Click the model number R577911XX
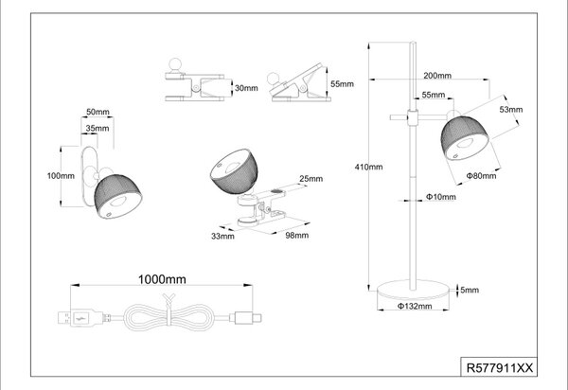click(x=500, y=368)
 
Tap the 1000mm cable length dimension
click(x=162, y=279)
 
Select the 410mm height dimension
click(x=368, y=167)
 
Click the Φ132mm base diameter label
click(x=415, y=306)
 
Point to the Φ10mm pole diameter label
click(x=440, y=197)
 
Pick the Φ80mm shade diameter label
click(x=481, y=176)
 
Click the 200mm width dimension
click(x=437, y=76)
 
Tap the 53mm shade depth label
click(x=511, y=110)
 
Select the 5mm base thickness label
click(x=470, y=290)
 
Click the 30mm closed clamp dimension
click(x=246, y=88)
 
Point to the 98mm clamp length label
click(x=296, y=235)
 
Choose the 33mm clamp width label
click(x=222, y=236)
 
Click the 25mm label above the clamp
click(x=311, y=179)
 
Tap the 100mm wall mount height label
click(x=61, y=176)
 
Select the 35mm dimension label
click(x=98, y=128)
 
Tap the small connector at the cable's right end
click(x=248, y=318)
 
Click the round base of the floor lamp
click(x=413, y=290)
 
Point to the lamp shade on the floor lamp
click(x=466, y=138)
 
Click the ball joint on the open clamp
click(x=274, y=79)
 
